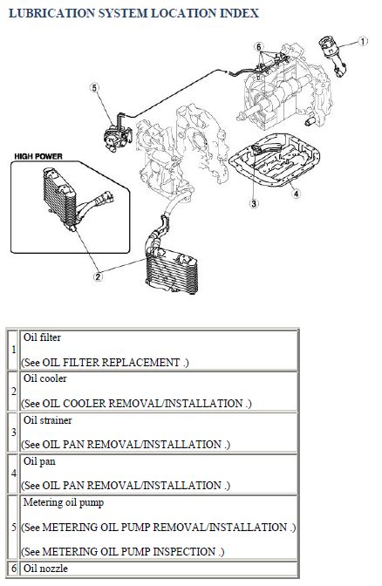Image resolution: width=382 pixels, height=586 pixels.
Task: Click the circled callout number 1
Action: (363, 41)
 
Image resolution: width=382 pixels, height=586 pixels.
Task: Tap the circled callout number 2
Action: (98, 276)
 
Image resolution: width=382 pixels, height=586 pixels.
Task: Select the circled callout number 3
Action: (254, 203)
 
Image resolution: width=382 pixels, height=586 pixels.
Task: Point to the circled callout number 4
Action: (296, 194)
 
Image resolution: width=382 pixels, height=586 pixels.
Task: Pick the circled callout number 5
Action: (94, 88)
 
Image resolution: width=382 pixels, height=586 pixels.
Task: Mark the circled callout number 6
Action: (259, 47)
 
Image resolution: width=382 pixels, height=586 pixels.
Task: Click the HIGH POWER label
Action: (38, 156)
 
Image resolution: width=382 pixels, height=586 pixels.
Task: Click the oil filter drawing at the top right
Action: (332, 55)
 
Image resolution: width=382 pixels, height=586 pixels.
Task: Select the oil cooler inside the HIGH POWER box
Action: (60, 200)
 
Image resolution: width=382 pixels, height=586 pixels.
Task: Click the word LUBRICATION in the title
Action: (51, 13)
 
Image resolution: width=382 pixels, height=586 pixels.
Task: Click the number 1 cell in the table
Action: (13, 350)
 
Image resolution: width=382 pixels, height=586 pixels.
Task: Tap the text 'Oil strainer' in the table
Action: (47, 420)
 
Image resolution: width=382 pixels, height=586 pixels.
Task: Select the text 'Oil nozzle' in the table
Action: (45, 569)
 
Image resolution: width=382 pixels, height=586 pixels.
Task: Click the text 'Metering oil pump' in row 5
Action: (64, 502)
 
